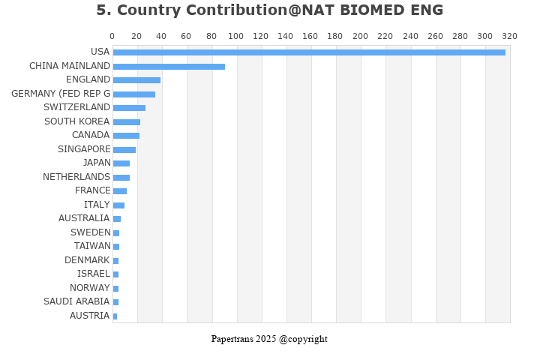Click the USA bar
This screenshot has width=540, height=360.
coord(309,52)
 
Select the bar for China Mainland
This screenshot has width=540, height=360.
coord(169,67)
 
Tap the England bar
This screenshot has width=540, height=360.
coord(136,80)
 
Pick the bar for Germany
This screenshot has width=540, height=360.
coord(134,94)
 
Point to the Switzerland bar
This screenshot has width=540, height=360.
coord(129,108)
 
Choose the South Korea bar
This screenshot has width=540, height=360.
coord(127,122)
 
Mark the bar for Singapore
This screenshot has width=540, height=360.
coord(124,150)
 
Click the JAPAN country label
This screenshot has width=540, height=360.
coord(97,163)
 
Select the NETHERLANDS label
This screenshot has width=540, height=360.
coord(76,177)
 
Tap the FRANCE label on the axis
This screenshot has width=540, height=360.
coord(92,190)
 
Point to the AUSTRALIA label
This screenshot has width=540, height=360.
coord(84,218)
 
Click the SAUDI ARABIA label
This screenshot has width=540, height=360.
coord(77,301)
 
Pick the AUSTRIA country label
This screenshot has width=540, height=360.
coord(90,316)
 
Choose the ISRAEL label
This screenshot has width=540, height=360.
coord(94,274)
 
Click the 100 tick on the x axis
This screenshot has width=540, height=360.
coord(235,36)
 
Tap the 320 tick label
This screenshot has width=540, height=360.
coord(509,36)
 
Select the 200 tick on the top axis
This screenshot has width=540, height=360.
coord(360,36)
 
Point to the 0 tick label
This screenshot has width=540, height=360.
coord(112,36)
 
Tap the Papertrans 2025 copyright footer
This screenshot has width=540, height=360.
coord(269,339)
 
